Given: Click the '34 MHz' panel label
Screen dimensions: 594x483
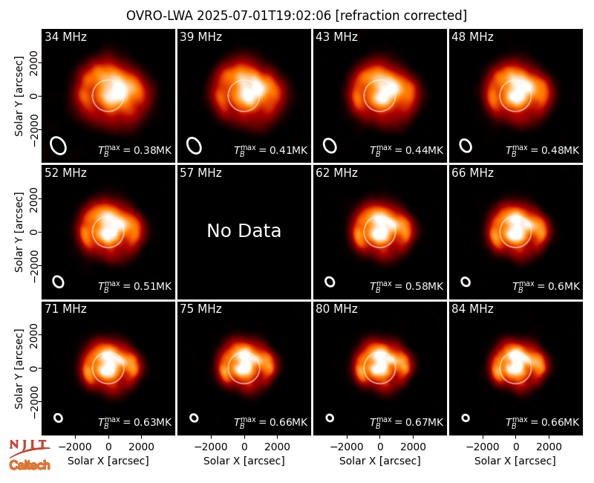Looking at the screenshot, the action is coord(65,36).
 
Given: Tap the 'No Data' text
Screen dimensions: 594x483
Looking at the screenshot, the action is coord(244,230).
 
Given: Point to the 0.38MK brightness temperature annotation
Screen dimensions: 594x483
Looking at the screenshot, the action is coord(135,150).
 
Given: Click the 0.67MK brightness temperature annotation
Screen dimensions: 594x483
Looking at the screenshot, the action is coord(406,422).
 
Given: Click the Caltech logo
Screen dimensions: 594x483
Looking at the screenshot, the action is coord(30,465).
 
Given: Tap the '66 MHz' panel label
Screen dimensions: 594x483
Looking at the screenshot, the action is coord(472,173).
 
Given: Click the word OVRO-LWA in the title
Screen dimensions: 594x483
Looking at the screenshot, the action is coord(160,16).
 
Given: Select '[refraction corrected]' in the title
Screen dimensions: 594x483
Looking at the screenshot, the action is coord(401,16).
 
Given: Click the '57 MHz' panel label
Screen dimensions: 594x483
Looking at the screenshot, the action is coord(200,173).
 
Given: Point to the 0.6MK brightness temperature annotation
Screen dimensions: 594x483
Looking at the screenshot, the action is coord(546,286).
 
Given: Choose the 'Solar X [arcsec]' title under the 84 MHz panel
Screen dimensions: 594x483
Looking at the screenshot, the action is coord(515,461).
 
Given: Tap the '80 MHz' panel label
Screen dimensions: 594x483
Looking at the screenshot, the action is coord(336,309).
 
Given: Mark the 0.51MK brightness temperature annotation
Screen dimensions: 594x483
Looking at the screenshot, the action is coord(135,286).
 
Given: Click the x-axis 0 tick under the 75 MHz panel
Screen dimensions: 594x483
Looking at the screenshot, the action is coord(244,447).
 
